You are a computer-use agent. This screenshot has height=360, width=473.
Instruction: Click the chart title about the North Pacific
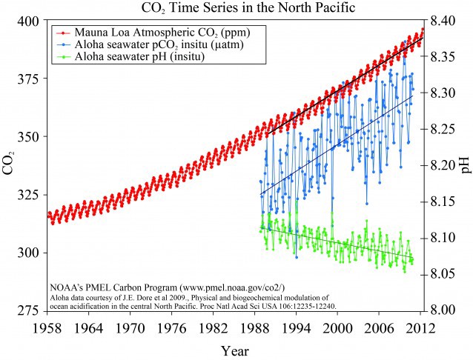pyautogui.click(x=236, y=8)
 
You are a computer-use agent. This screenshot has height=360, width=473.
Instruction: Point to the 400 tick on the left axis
pyautogui.click(x=27, y=21)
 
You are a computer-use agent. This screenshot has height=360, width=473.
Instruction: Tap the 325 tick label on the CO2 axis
pyautogui.click(x=27, y=195)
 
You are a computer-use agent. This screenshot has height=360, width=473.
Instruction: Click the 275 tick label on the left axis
pyautogui.click(x=27, y=310)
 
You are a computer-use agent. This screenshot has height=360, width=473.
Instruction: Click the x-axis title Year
pyautogui.click(x=236, y=349)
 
